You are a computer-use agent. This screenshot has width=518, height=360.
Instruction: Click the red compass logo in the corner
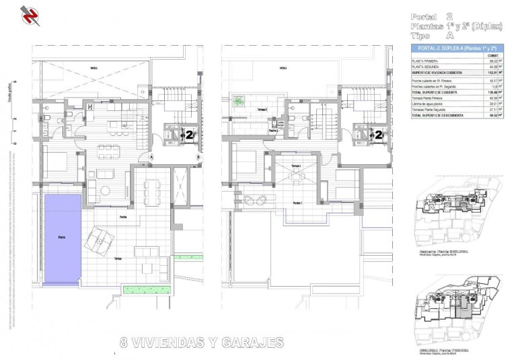[30, 15]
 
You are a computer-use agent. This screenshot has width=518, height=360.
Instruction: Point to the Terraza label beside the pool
[118, 258]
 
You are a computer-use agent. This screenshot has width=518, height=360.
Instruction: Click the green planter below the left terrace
[147, 289]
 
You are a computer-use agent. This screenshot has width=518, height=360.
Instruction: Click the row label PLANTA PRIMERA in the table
[425, 61]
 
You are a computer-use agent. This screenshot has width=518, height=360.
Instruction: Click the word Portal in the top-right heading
[424, 17]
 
